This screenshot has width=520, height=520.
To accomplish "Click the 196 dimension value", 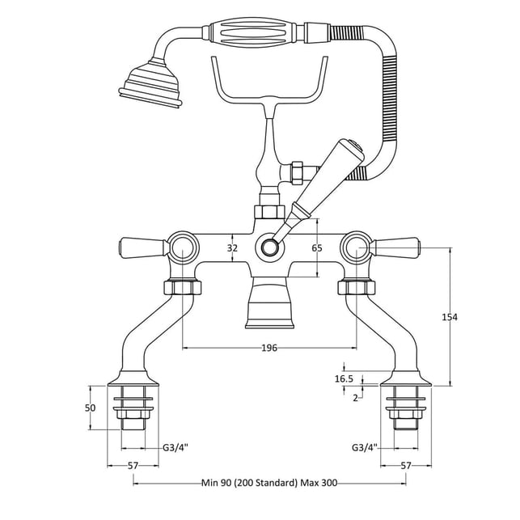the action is tap(269, 348).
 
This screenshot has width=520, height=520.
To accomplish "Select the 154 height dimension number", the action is tap(450, 317).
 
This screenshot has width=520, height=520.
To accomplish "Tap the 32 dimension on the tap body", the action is tap(232, 247).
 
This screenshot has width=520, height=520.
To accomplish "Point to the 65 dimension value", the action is tap(317, 247).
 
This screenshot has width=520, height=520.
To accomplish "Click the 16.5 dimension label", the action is tap(344, 378).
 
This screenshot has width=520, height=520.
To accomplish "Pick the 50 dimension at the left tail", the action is tap(90, 408).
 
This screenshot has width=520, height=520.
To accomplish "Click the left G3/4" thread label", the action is tap(175, 448).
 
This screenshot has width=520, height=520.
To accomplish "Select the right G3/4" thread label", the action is tap(365, 448).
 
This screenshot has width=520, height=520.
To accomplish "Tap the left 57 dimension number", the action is tap(133, 466).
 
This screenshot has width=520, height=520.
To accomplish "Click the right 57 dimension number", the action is tap(406, 466).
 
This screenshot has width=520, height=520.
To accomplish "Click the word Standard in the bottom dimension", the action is tap(275, 483).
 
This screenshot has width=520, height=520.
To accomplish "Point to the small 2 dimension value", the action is tap(355, 398).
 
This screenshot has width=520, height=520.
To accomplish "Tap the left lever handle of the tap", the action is tap(143, 247).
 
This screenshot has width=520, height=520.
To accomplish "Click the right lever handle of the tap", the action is tap(395, 247).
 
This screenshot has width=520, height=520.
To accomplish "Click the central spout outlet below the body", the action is tap(269, 302).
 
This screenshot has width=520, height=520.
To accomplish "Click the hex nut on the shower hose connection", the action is tap(296, 172).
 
